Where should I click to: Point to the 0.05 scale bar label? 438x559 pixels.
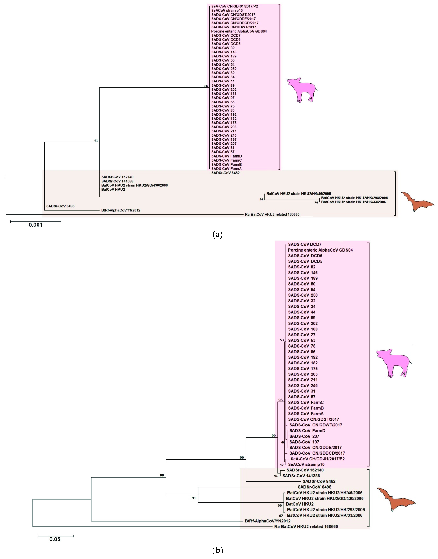pos(55,539)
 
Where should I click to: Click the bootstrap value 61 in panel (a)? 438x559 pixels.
pos(96,141)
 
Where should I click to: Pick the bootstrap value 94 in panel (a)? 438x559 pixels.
pos(261,199)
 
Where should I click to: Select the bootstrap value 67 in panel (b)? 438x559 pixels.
pos(281,516)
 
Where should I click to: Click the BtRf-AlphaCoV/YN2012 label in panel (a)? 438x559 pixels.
pos(121,210)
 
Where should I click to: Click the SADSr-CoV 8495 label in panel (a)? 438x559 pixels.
pos(60,206)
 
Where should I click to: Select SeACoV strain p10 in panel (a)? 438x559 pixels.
pos(227,11)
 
